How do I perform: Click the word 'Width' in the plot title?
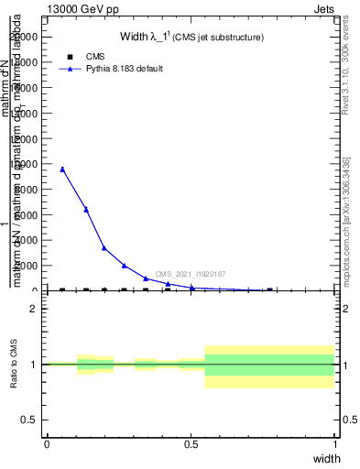135,38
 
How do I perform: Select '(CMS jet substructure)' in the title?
220,38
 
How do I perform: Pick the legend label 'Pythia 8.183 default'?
124,69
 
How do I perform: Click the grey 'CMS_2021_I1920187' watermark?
191,274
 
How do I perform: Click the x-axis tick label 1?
334,444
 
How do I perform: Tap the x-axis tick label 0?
47,444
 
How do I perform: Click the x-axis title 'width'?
326,458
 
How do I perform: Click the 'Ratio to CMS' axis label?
14,365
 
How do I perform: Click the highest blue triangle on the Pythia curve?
62,169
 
